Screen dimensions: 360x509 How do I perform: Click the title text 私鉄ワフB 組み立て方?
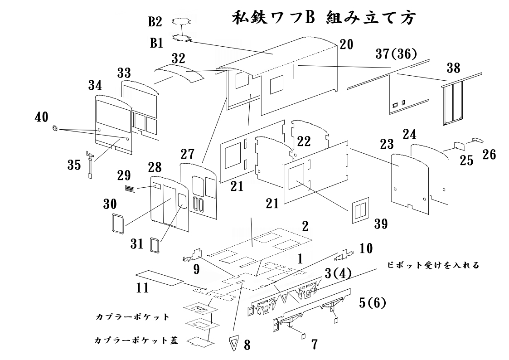pos(324,19)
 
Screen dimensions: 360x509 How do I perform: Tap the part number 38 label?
pos(453,68)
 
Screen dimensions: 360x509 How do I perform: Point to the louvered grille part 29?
pos(130,189)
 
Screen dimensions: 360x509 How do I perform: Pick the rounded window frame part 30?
pos(118,224)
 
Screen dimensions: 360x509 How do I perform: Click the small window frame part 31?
pos(155,245)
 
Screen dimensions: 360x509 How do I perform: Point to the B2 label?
pos(155,22)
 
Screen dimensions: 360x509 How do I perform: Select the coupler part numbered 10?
pos(344,256)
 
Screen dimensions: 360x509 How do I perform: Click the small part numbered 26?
pos(478,140)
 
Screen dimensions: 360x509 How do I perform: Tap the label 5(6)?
pos(371,302)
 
